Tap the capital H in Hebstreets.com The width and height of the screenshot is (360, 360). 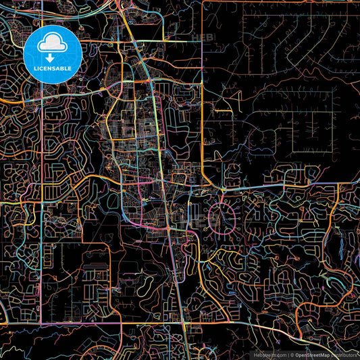[x=255, y=355]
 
